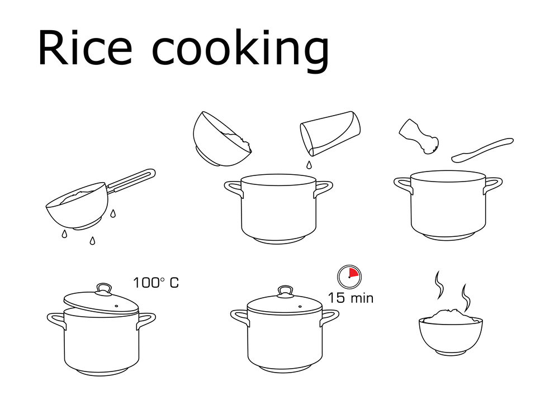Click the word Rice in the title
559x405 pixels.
(85, 48)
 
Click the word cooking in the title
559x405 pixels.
(240, 51)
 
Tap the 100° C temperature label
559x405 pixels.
(156, 283)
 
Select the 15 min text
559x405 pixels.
(350, 298)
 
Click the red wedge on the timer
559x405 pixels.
(353, 273)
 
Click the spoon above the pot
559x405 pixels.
(482, 150)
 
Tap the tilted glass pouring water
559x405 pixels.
(330, 133)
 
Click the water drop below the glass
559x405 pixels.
(309, 165)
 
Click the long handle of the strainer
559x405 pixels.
(131, 181)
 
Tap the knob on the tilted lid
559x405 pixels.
(104, 288)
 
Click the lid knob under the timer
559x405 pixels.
(285, 290)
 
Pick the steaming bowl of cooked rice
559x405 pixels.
(451, 332)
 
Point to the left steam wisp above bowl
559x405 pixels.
(439, 285)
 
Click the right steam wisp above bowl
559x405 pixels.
(465, 298)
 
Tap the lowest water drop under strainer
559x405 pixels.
(92, 241)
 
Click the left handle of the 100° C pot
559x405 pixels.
(56, 320)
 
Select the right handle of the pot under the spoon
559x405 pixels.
(492, 185)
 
